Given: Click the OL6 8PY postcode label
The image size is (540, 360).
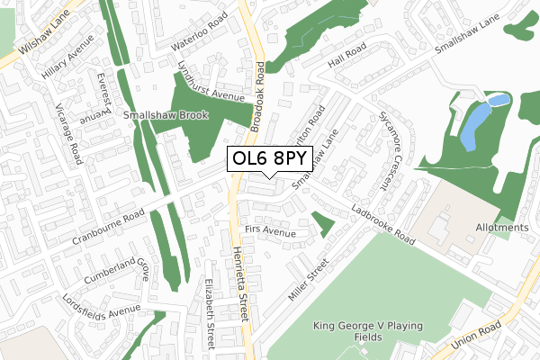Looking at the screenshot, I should point(270,159).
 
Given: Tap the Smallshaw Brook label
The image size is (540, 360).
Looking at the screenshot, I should point(166,115).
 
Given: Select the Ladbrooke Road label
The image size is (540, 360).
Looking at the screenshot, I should point(383,228).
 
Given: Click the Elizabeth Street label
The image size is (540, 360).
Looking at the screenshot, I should point(210,312).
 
